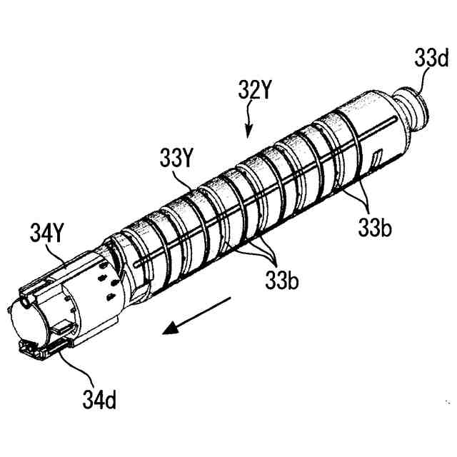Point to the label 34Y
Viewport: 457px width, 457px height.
click(x=48, y=232)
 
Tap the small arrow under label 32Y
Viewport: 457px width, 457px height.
click(x=249, y=123)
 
